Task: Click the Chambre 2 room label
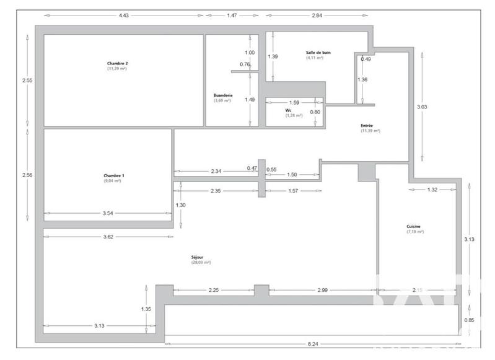(117, 63)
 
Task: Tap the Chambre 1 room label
(114, 176)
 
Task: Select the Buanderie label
(222, 95)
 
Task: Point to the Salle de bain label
(318, 53)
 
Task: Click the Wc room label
(289, 110)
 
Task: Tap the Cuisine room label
(414, 227)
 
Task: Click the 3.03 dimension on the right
(421, 107)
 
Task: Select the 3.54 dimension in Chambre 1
(108, 214)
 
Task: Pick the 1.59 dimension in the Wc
(294, 102)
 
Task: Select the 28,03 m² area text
(201, 263)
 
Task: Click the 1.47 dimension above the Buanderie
(232, 14)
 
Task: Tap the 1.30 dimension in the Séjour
(180, 205)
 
